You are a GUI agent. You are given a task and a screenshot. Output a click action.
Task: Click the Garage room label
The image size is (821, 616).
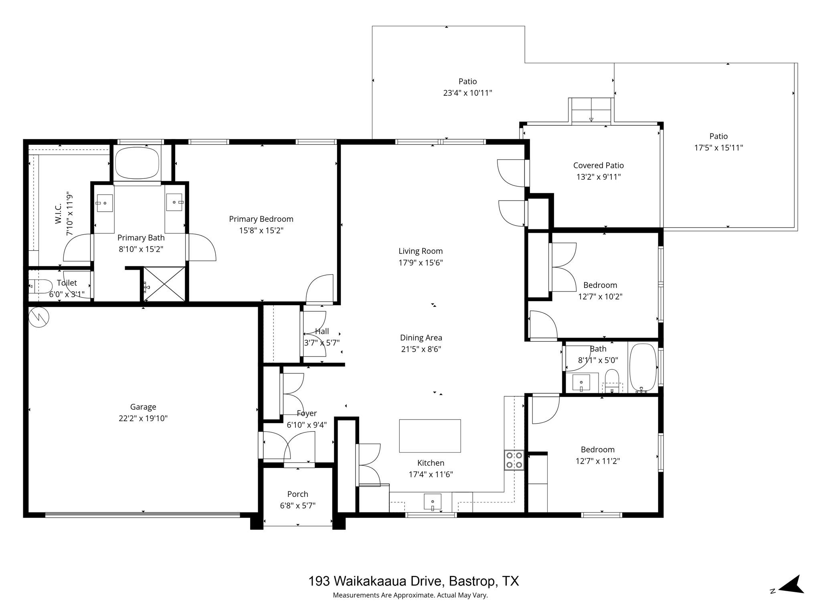click(143, 407)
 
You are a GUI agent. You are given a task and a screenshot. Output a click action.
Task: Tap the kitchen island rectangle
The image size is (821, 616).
click(430, 436)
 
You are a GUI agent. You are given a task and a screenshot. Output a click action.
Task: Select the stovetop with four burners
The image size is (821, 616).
click(514, 460)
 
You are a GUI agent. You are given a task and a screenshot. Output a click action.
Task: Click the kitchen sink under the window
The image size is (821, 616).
click(433, 502)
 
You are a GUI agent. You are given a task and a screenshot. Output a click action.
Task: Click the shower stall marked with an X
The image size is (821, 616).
click(164, 284)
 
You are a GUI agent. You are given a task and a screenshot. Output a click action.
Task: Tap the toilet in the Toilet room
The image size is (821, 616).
click(40, 286)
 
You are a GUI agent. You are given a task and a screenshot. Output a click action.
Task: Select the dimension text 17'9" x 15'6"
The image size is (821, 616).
click(421, 263)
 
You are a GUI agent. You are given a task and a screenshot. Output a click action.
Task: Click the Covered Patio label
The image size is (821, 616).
click(598, 165)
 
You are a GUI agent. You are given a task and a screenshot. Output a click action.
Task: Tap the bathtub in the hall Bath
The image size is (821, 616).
click(643, 368)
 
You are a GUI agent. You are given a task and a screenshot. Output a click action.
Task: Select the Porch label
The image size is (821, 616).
click(297, 494)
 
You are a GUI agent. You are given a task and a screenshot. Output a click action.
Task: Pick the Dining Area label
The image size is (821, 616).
click(421, 338)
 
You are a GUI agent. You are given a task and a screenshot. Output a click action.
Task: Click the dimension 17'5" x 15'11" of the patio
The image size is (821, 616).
click(718, 148)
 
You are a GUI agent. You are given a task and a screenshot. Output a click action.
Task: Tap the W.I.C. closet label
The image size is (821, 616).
click(59, 213)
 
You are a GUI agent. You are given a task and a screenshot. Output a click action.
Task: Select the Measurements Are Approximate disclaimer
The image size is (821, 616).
click(410, 595)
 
